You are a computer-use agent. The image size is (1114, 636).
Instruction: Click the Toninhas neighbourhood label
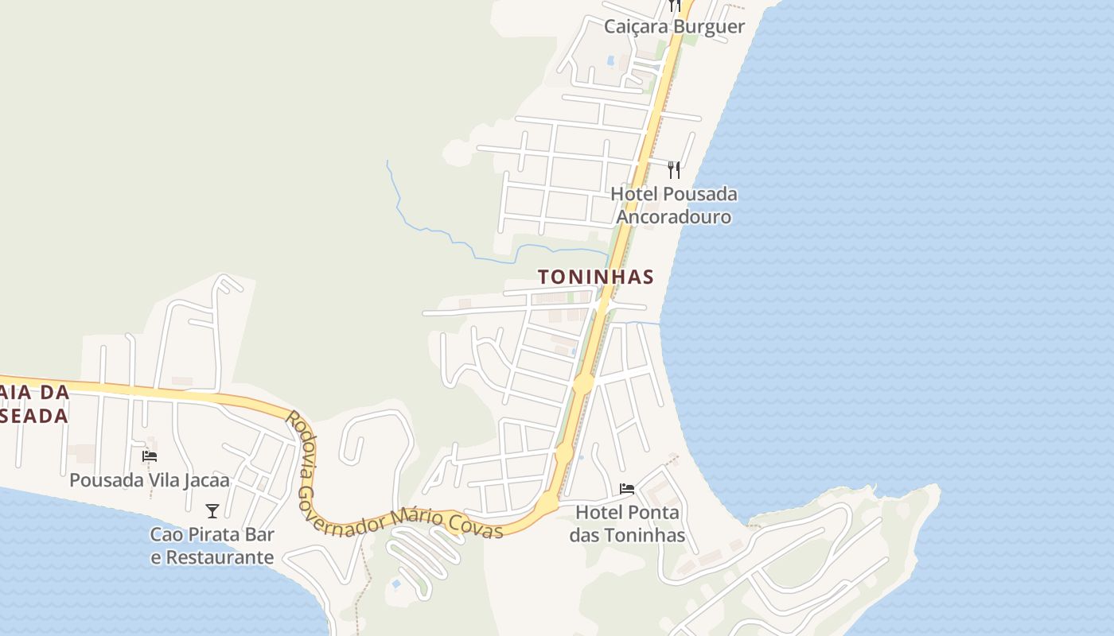click(x=595, y=277)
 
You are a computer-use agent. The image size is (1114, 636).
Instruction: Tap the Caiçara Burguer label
click(x=674, y=26)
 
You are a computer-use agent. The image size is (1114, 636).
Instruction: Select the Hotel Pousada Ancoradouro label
click(x=674, y=205)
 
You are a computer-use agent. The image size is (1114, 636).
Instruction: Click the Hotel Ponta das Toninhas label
click(x=627, y=524)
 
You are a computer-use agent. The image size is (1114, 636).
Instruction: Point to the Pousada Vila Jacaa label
click(x=150, y=480)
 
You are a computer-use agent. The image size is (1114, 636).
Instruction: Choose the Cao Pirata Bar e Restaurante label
click(x=212, y=545)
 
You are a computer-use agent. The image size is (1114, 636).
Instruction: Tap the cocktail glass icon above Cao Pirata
click(x=212, y=510)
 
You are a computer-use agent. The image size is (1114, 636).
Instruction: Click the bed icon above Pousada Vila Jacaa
click(x=150, y=456)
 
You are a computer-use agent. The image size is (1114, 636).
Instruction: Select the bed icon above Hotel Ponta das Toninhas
click(x=627, y=488)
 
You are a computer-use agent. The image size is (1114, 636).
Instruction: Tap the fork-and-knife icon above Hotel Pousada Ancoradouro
click(x=674, y=169)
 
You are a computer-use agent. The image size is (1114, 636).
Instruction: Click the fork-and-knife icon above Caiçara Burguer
click(x=675, y=6)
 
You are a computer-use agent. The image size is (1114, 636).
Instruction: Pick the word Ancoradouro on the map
click(x=674, y=216)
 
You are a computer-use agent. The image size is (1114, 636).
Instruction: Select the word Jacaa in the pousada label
click(x=206, y=480)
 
